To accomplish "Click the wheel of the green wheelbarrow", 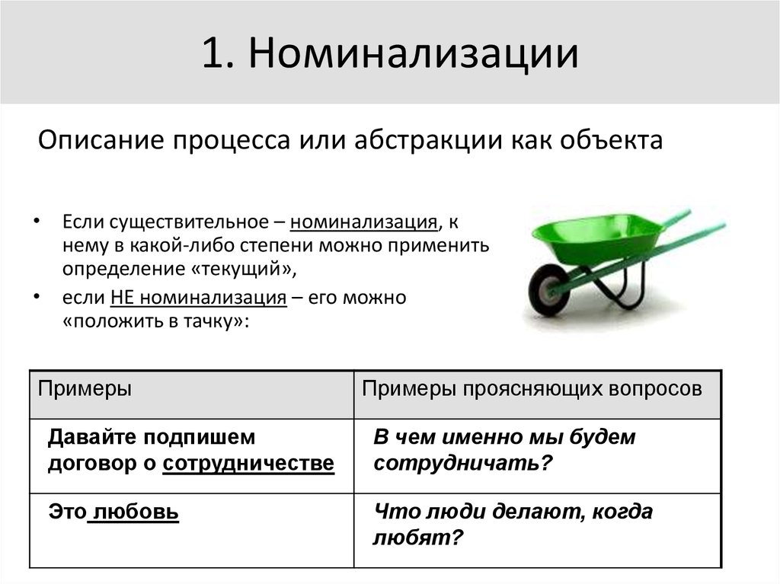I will tap(549, 289).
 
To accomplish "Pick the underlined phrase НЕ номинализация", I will tap(199, 298).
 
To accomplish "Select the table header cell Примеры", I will tap(85, 388).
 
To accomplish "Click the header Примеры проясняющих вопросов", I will tap(532, 388).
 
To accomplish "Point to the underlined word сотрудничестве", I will tap(248, 464).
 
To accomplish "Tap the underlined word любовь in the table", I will tap(134, 512).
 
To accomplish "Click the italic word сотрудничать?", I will tap(462, 464).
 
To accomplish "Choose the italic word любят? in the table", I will tap(418, 538).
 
